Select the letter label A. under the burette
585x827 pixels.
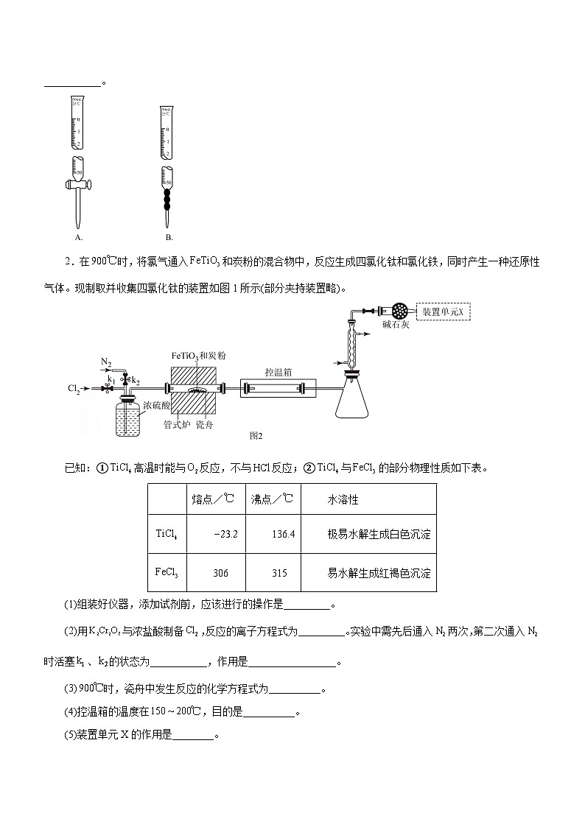78,237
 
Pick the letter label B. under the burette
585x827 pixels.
169,237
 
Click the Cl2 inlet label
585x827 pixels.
74,387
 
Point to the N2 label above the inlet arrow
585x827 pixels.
106,362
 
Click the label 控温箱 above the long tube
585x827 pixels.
279,372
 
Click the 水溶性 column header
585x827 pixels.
343,499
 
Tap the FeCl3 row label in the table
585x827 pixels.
167,572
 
